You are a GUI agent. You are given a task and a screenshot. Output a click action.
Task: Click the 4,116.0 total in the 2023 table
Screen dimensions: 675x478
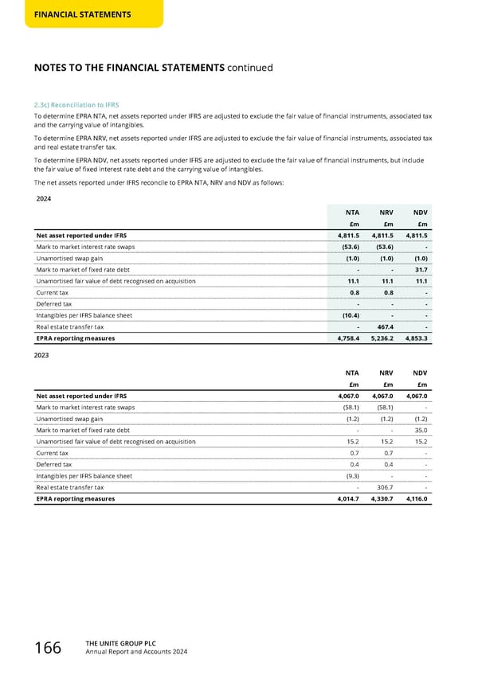click(415, 499)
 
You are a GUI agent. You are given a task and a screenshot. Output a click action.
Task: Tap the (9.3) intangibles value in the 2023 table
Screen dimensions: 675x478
click(350, 476)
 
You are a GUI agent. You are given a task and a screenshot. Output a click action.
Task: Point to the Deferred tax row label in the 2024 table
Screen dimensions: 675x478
click(54, 304)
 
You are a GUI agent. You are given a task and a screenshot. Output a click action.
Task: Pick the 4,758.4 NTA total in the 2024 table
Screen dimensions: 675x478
click(348, 337)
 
